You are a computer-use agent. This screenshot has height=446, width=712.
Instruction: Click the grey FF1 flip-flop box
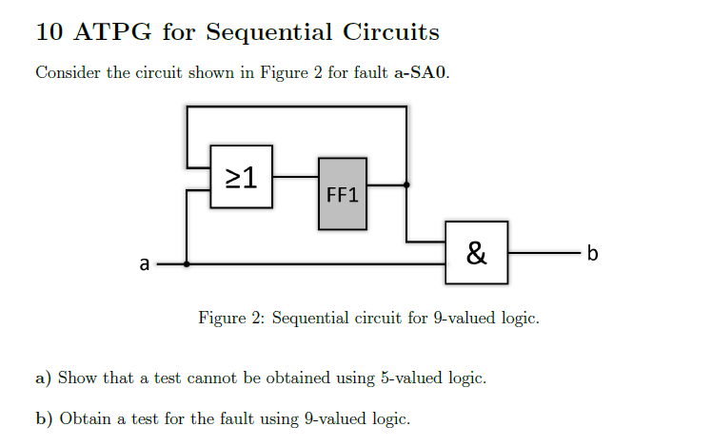point(342,193)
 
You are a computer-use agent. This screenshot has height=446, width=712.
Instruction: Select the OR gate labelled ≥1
point(242,177)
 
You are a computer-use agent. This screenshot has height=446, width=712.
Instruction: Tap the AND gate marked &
point(476,253)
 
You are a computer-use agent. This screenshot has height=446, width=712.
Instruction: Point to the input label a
point(144,264)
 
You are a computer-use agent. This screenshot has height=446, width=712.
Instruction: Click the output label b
point(593,253)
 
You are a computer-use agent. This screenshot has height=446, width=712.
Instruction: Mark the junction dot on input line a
point(187,264)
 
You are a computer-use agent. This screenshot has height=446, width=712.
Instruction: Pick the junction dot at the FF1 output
point(406,184)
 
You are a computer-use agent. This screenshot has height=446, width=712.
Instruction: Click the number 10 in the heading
point(49,32)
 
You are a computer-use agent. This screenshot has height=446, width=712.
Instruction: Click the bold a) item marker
point(43,378)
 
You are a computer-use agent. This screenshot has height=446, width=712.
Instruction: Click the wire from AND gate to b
point(543,253)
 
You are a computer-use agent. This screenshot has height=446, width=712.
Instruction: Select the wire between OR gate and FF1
point(295,177)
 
